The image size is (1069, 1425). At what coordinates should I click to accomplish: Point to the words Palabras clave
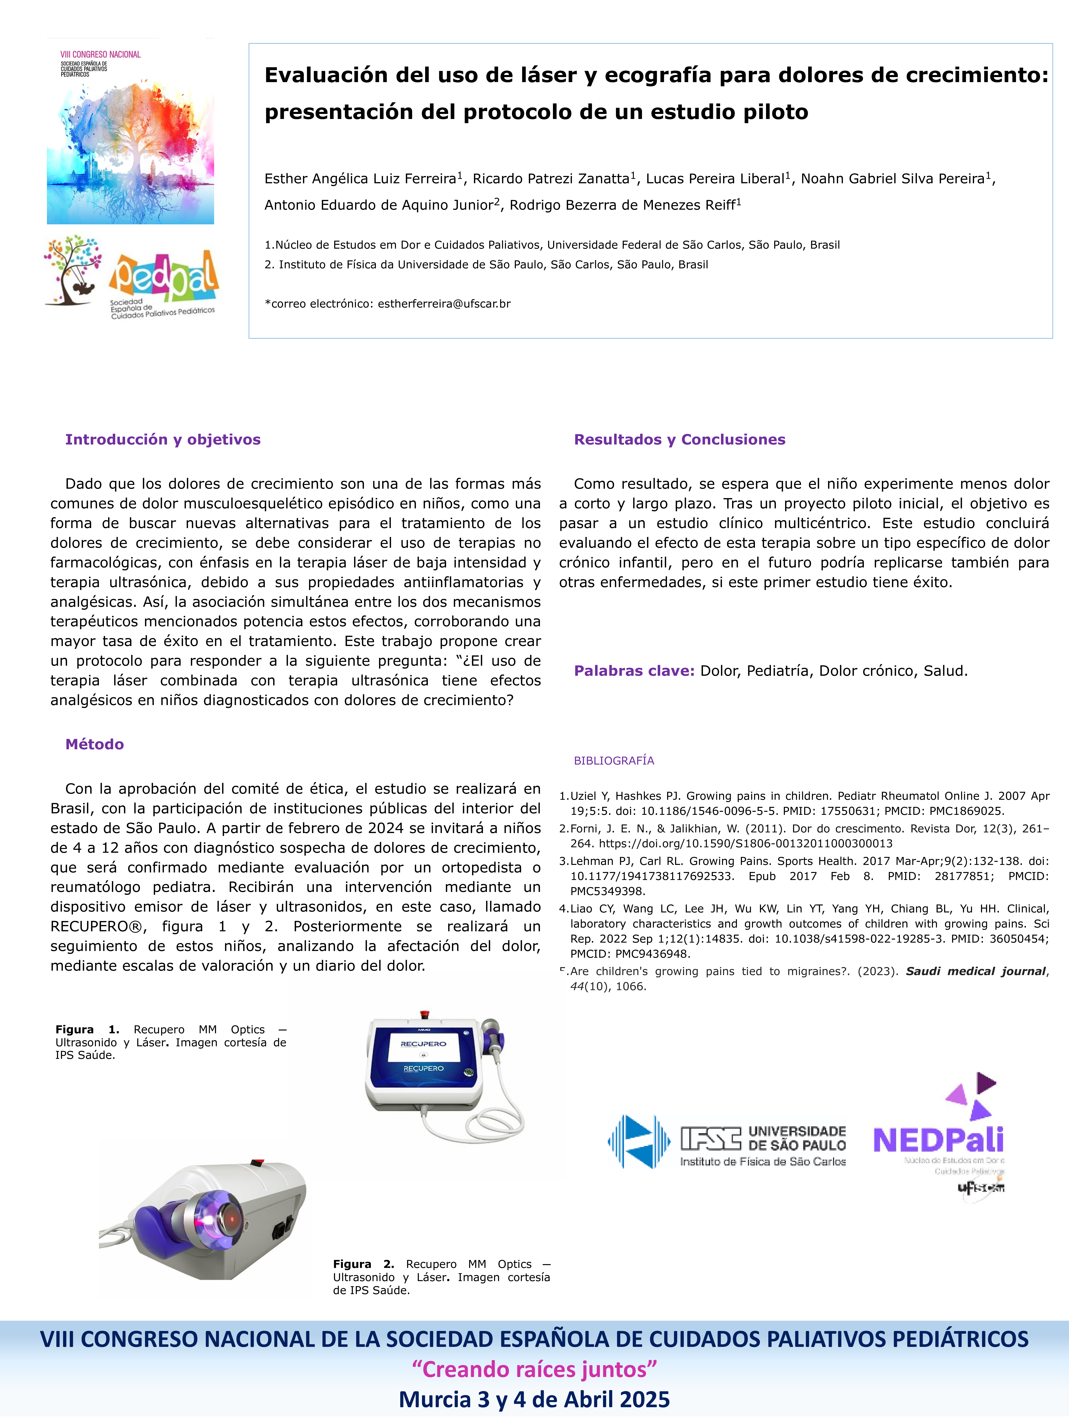coord(633,671)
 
